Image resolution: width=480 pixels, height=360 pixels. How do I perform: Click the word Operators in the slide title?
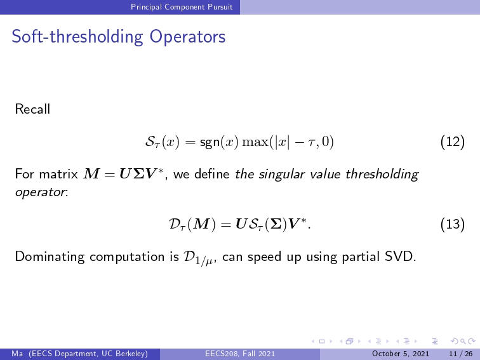(x=187, y=37)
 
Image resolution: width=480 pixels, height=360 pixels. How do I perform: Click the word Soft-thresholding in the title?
(x=77, y=37)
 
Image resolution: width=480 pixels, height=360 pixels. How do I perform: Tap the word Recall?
(x=32, y=109)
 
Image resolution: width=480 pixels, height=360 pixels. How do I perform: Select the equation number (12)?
(x=453, y=142)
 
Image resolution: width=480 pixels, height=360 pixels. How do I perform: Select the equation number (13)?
(x=453, y=224)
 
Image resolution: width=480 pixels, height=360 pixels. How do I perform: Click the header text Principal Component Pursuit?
(x=182, y=7)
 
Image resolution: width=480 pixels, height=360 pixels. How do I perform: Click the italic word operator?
(x=41, y=192)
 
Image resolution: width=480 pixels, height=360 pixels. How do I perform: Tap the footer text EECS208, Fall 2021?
(x=240, y=354)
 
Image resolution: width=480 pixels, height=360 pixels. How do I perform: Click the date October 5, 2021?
(x=401, y=354)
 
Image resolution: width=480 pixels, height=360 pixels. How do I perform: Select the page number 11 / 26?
(x=461, y=354)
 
